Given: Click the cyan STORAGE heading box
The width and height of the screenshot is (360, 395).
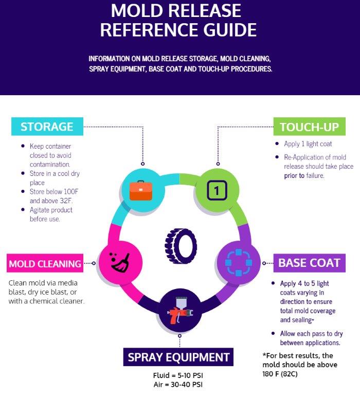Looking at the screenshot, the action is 47,127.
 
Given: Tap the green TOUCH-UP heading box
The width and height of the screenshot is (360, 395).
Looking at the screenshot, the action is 310,127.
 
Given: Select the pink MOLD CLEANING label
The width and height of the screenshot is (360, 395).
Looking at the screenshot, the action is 45,263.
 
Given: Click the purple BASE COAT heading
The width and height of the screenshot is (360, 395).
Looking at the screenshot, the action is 310,263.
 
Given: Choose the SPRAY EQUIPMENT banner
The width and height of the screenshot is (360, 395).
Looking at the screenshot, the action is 178,357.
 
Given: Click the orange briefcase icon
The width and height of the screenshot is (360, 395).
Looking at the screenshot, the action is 141,191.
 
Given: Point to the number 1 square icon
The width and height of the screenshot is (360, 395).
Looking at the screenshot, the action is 217,190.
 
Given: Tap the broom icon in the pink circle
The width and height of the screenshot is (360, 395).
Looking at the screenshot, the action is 120,262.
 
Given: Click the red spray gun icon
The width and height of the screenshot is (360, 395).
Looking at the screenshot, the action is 180,310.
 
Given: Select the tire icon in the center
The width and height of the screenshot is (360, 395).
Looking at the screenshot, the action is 181,246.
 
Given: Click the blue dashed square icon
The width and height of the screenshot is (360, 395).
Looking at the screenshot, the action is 238,262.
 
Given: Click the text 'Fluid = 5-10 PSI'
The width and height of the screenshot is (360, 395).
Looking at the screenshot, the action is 178,375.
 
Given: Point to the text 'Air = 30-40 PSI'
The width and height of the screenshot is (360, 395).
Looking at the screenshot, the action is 178,384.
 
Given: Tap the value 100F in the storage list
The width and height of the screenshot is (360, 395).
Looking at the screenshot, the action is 71,192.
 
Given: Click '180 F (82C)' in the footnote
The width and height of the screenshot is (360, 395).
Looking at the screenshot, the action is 280,374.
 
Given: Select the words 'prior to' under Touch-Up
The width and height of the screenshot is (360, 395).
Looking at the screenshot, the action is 294,175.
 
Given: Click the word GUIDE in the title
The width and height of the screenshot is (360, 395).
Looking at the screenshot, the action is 230,30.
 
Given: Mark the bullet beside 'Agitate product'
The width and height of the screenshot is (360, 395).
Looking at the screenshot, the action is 23,210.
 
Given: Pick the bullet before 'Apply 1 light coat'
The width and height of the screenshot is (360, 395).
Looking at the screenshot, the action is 277,143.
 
